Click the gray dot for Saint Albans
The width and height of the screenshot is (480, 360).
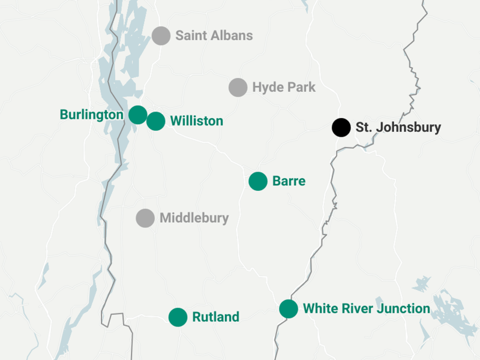click(x=161, y=35)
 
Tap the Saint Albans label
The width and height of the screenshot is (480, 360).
click(x=214, y=35)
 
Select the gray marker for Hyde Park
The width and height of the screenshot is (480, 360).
click(x=238, y=87)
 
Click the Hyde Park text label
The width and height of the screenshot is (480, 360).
click(x=283, y=87)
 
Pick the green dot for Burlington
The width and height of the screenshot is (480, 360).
click(x=138, y=114)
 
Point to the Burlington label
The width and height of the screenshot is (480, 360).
click(x=92, y=114)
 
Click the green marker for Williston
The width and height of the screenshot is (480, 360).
click(x=156, y=121)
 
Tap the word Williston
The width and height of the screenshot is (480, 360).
click(x=196, y=121)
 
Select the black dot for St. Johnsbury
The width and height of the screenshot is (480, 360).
click(x=341, y=127)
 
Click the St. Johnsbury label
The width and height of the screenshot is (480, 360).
click(x=398, y=127)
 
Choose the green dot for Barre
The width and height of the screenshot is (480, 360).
click(x=258, y=181)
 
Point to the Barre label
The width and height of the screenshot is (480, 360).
click(x=289, y=181)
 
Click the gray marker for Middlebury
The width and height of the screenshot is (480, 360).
click(x=145, y=218)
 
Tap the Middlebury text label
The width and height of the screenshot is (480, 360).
click(x=194, y=218)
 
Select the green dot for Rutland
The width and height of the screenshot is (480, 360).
click(x=178, y=317)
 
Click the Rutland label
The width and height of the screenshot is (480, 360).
click(x=215, y=317)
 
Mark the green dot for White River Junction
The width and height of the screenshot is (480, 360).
click(x=289, y=308)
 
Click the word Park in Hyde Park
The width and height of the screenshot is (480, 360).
click(x=301, y=87)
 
